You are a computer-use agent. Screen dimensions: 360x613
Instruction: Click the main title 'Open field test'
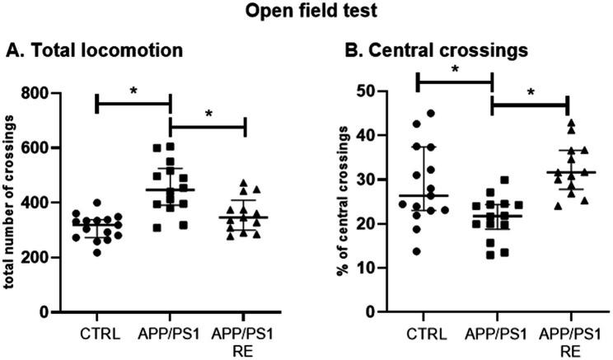pyautogui.click(x=306, y=14)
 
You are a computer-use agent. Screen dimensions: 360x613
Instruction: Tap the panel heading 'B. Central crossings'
pyautogui.click(x=420, y=51)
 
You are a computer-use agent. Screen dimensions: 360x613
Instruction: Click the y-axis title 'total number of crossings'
pyautogui.click(x=15, y=202)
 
